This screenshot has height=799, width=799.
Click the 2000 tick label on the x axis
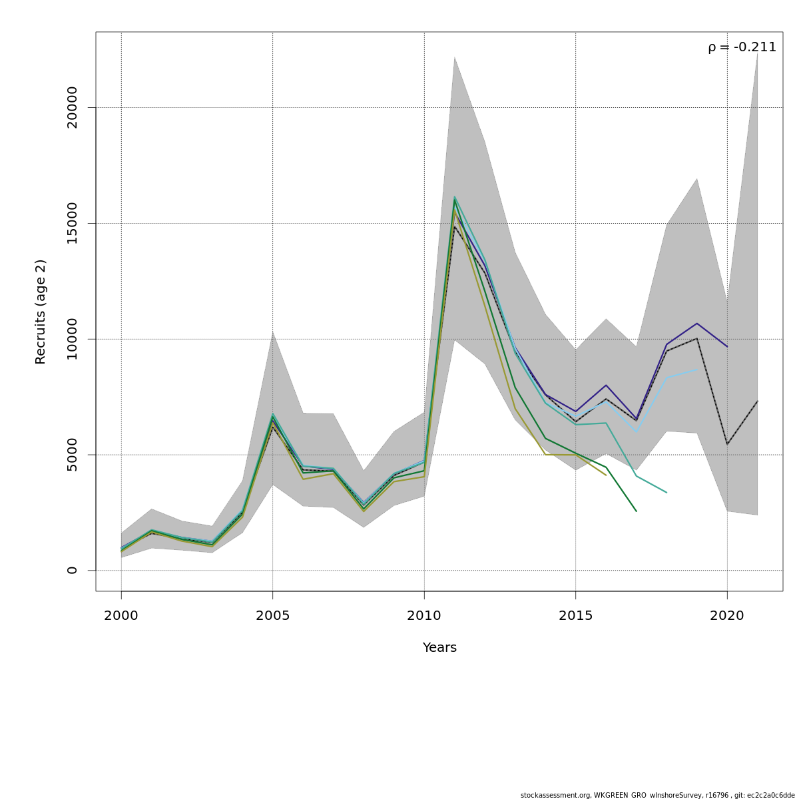(x=121, y=616)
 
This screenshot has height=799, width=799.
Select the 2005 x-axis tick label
(x=272, y=616)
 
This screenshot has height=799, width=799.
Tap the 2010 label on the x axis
(x=424, y=616)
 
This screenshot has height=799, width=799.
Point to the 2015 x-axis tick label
(x=575, y=616)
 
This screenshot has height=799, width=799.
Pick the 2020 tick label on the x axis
(x=727, y=616)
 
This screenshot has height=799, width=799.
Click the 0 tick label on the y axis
(x=72, y=571)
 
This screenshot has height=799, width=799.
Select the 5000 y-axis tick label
(x=72, y=455)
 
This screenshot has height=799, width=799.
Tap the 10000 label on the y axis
(x=72, y=339)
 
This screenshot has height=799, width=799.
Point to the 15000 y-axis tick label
(x=72, y=223)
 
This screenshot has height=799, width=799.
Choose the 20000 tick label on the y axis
(x=72, y=107)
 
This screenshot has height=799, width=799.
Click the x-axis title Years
(x=439, y=648)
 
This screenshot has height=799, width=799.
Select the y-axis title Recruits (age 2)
(x=41, y=312)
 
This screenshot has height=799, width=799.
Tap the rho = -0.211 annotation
(x=742, y=47)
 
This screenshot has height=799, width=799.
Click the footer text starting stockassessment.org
(x=657, y=795)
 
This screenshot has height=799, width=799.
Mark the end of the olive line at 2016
(x=606, y=475)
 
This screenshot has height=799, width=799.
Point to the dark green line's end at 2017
(x=637, y=511)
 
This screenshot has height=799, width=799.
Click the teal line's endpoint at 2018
(x=666, y=493)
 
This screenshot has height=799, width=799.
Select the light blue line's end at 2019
(x=697, y=369)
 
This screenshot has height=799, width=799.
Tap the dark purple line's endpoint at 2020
(x=727, y=347)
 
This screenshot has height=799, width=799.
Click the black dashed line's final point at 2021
(x=757, y=401)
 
